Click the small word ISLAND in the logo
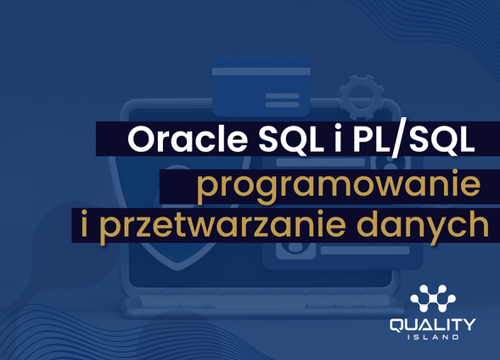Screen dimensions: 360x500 pos(433,337)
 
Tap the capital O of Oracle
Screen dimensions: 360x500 pos(141,141)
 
